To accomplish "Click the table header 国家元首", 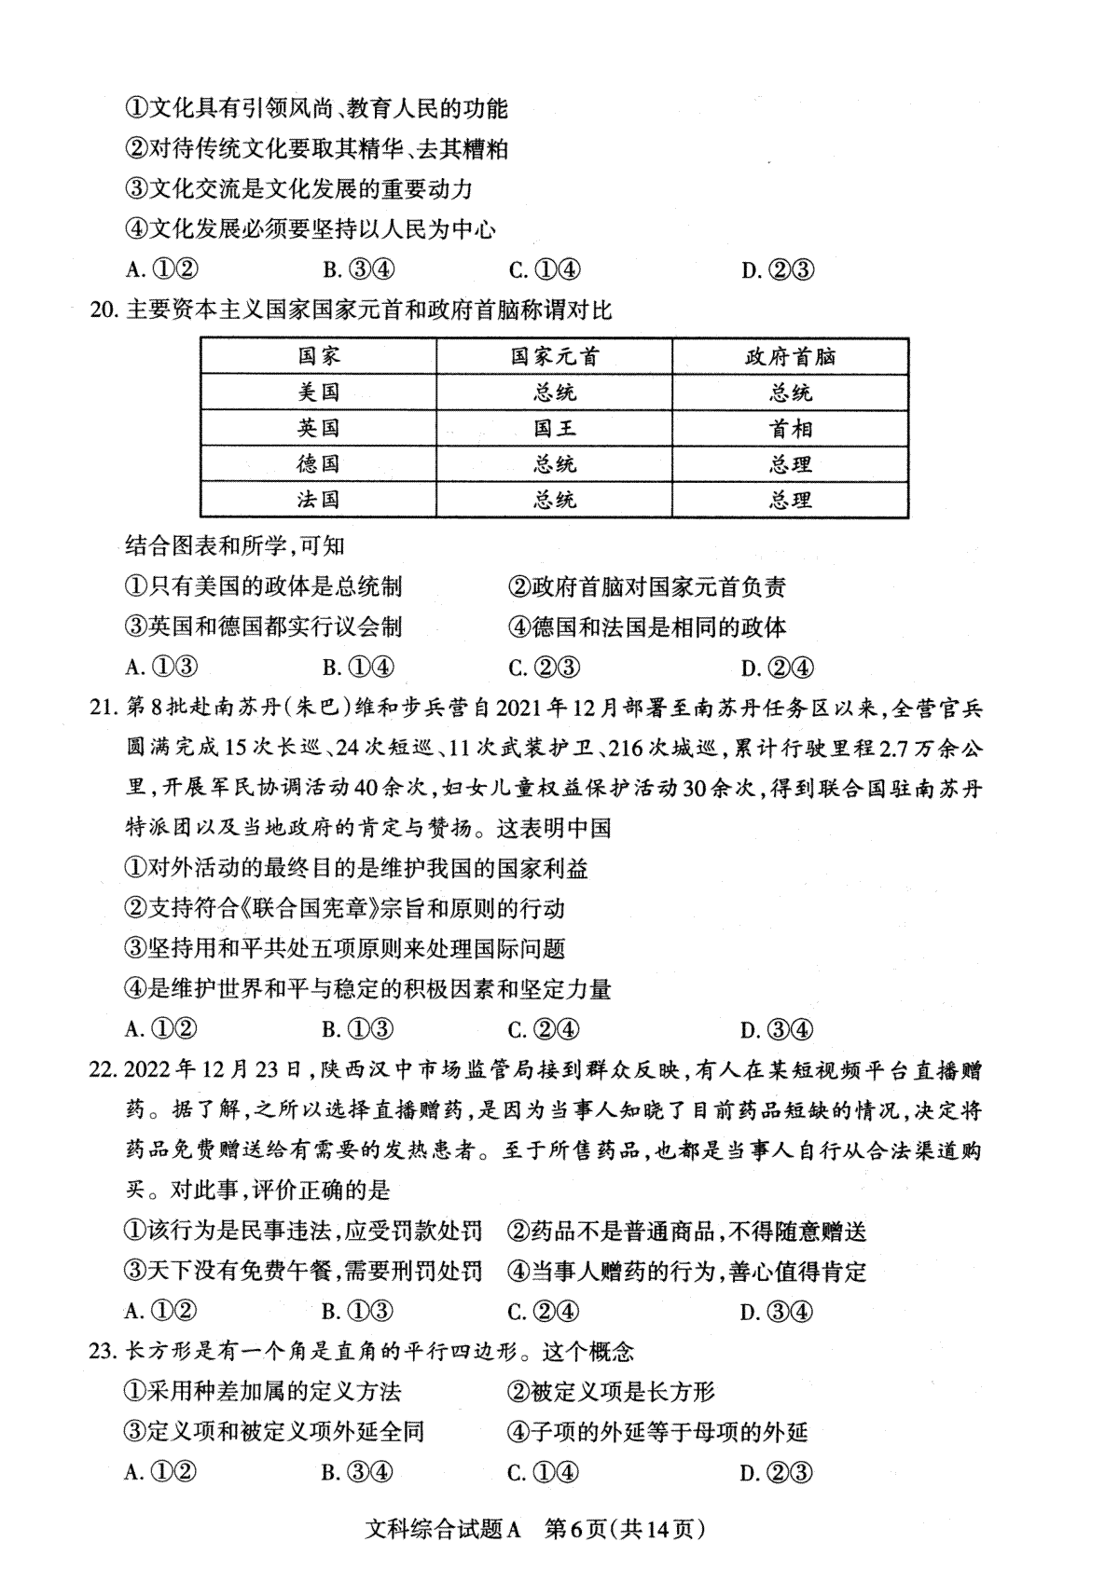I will point(554,357).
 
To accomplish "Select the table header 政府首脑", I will point(790,357).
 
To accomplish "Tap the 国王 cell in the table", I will point(554,429).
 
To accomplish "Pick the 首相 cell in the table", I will point(790,429).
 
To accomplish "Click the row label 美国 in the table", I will point(318,392).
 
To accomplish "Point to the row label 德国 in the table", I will point(318,464).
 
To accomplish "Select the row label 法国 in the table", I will point(318,500).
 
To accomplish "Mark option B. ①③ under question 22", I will point(357,1312).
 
